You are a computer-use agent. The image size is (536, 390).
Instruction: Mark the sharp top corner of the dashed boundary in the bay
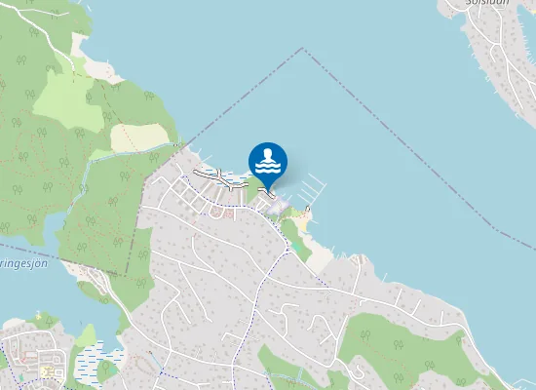303,49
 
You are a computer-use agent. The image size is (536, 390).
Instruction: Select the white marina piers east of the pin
310,188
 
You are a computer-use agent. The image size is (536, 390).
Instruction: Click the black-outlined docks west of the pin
219,177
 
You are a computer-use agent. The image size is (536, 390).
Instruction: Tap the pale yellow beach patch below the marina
304,223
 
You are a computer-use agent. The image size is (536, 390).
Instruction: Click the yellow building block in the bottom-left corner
46,371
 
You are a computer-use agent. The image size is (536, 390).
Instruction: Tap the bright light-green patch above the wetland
87,337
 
